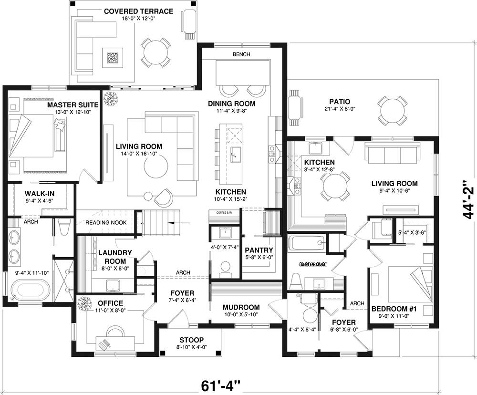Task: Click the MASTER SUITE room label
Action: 73,104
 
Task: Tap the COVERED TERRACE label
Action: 132,11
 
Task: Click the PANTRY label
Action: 259,250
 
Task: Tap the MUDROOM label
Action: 241,307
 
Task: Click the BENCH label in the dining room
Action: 241,54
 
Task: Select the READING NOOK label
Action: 106,223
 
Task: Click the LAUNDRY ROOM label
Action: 112,257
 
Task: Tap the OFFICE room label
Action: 110,303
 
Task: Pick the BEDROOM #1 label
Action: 394,309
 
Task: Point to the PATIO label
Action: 340,102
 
